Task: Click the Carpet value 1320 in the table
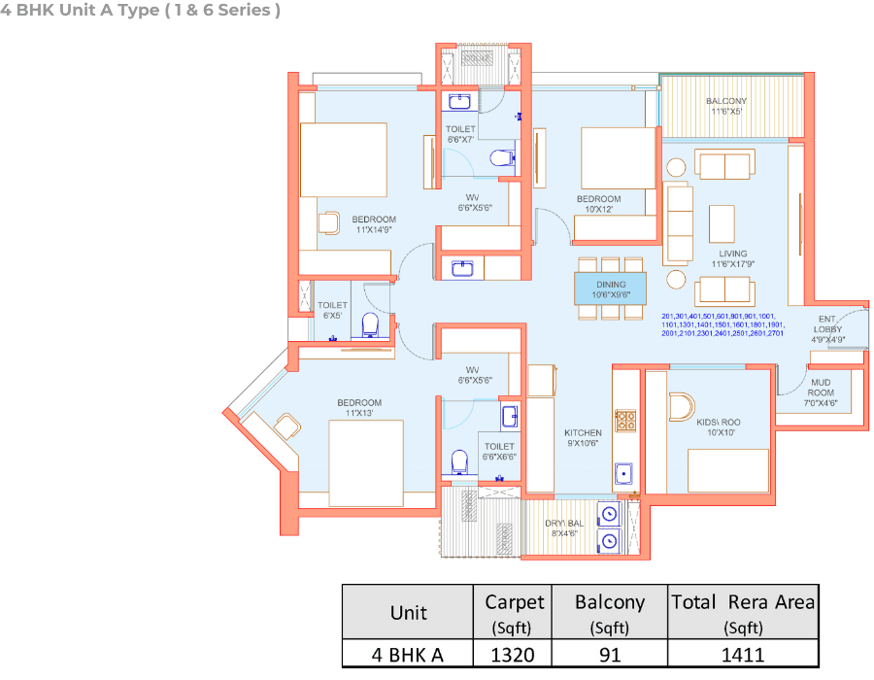pyautogui.click(x=512, y=654)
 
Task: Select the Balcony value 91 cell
pyautogui.click(x=609, y=654)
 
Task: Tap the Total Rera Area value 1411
pyautogui.click(x=743, y=654)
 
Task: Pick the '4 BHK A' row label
pyautogui.click(x=407, y=654)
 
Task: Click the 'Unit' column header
pyautogui.click(x=407, y=613)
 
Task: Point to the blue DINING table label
pyautogui.click(x=611, y=289)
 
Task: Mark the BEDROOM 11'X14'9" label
pyautogui.click(x=374, y=224)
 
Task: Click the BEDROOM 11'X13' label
pyautogui.click(x=359, y=408)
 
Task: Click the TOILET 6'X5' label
pyautogui.click(x=332, y=310)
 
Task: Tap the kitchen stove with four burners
pyautogui.click(x=626, y=421)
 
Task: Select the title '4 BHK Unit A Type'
pyautogui.click(x=142, y=12)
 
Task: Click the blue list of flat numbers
pyautogui.click(x=722, y=324)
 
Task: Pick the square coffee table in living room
pyautogui.click(x=722, y=222)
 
